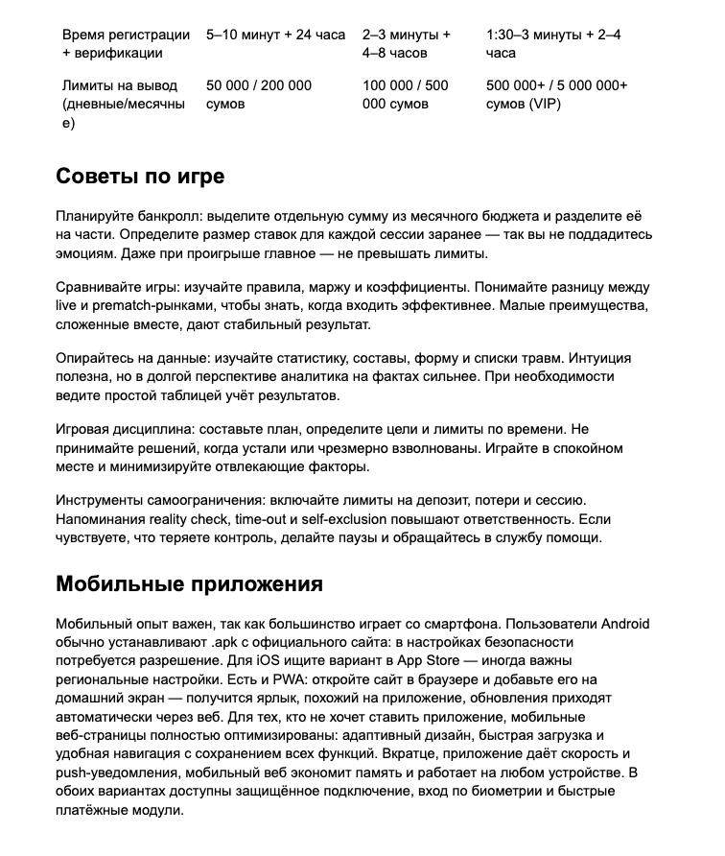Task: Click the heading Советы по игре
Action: click(140, 177)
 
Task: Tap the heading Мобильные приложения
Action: click(189, 584)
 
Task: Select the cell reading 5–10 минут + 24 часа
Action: click(275, 35)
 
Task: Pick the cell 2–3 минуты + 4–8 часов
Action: click(407, 44)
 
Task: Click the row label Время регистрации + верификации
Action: click(125, 44)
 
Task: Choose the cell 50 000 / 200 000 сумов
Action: click(258, 94)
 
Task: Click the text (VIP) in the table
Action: click(543, 104)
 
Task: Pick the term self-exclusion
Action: click(343, 519)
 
